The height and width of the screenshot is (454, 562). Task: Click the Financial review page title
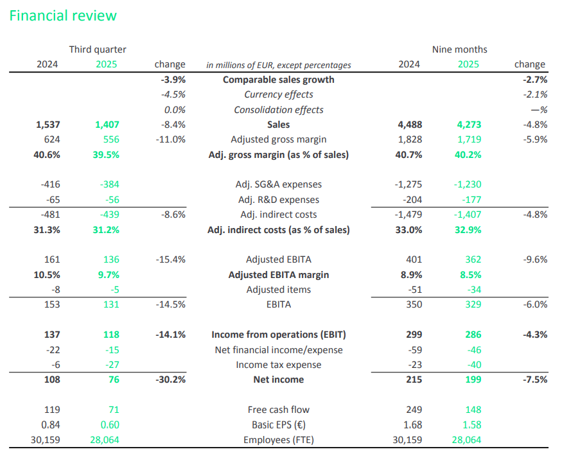(63, 15)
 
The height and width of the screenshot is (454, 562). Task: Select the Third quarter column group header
(98, 49)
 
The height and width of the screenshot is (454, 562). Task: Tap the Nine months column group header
(459, 49)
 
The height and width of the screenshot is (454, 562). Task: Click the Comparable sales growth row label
(278, 80)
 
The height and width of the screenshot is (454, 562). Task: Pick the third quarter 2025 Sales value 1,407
(106, 125)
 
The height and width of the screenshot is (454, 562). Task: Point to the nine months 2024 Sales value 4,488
(409, 125)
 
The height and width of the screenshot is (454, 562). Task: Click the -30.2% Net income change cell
(170, 380)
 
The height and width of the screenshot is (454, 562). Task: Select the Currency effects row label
(278, 94)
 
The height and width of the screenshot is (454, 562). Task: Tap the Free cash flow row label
(278, 410)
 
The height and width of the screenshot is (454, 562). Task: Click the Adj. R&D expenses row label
(278, 200)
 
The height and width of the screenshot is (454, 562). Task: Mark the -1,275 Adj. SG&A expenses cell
(408, 185)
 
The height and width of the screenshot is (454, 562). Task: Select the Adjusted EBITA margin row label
(278, 275)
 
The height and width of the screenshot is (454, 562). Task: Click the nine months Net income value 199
(473, 380)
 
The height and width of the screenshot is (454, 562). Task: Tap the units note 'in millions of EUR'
(278, 65)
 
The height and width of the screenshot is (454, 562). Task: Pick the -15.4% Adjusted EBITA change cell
(170, 259)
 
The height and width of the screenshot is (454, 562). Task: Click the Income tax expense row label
(278, 365)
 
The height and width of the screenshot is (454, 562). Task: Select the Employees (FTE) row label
(278, 440)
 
